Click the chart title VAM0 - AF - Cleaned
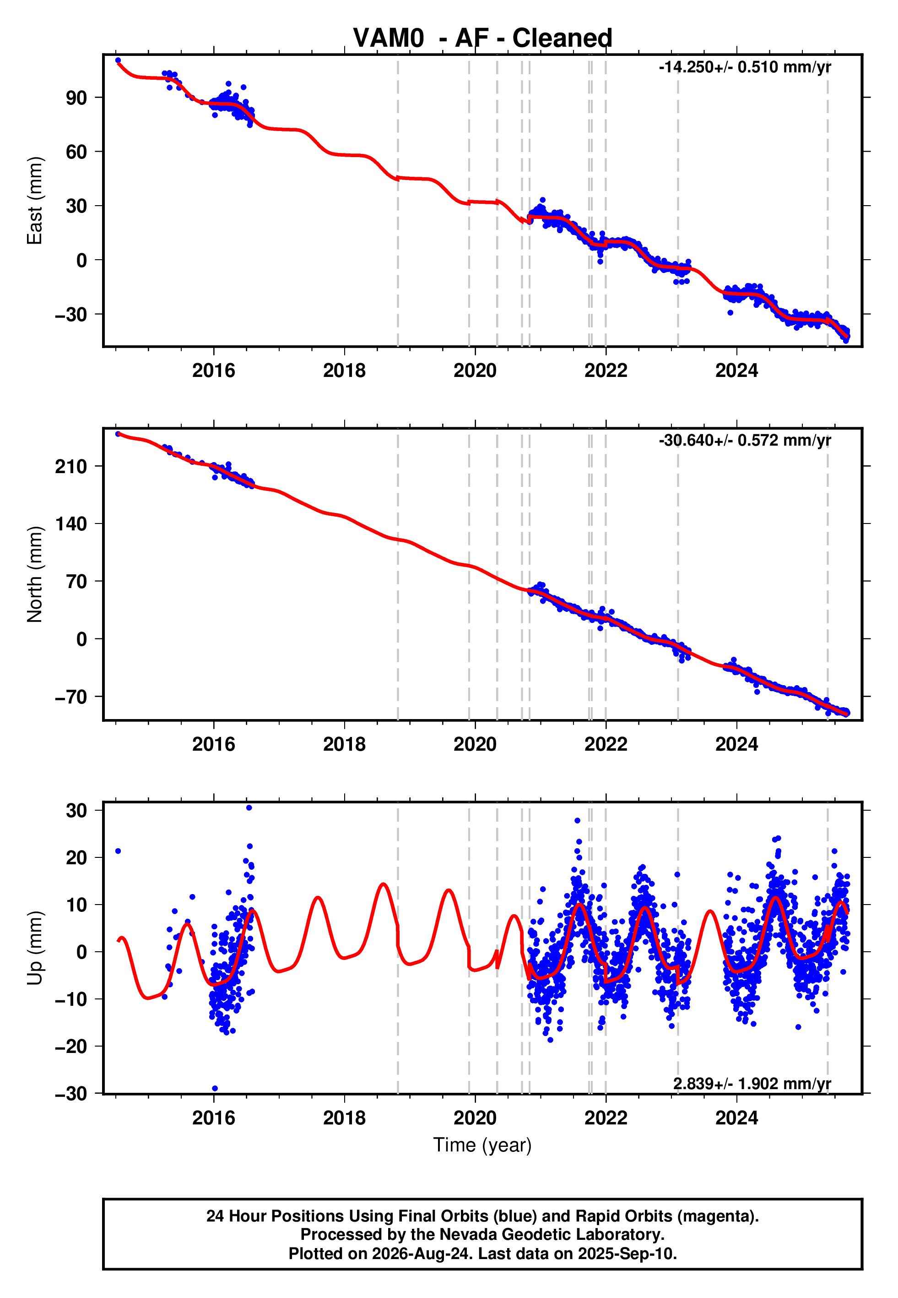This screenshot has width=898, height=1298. (482, 38)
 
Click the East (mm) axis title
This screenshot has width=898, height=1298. (34, 201)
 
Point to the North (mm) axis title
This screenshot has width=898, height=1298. (34, 574)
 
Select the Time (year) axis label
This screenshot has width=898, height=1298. (482, 1145)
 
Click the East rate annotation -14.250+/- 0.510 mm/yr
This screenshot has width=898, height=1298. (745, 67)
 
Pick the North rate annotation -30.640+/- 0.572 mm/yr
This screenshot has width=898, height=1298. (745, 440)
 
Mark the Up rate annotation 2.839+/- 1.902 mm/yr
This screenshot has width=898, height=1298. (752, 1084)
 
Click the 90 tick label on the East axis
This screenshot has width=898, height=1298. (76, 98)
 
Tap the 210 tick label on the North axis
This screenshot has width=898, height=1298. (71, 466)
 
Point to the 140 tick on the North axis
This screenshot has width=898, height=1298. (71, 524)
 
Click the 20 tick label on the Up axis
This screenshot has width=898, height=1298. (76, 858)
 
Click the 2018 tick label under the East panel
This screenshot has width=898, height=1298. (344, 371)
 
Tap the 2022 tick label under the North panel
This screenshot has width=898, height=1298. (606, 744)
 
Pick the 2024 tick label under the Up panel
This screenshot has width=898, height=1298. (736, 1118)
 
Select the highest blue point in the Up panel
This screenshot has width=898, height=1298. (249, 808)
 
